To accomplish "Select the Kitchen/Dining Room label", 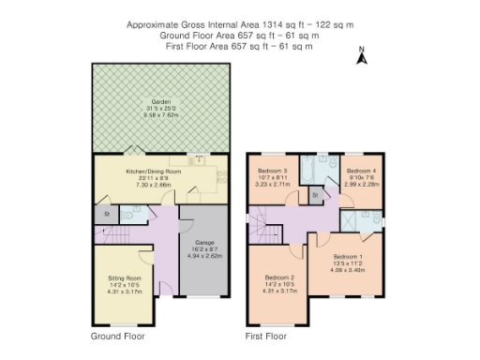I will (153, 172).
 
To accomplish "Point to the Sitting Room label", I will (124, 278).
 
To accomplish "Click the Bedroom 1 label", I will (347, 256).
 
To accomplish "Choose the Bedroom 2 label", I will (279, 277).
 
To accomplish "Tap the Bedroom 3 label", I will (272, 171).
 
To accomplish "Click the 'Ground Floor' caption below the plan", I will (117, 335).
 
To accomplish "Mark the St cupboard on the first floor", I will (315, 195).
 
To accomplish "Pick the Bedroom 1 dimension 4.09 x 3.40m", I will (347, 270).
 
